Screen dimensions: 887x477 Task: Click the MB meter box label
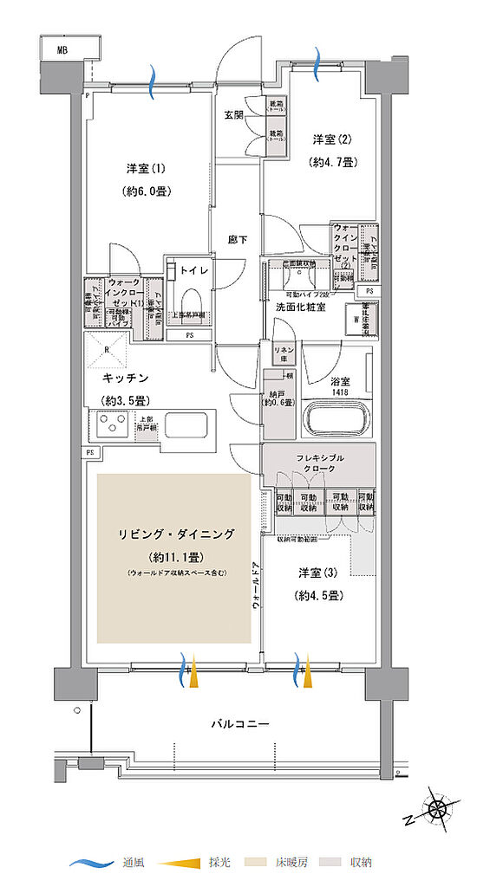(62, 50)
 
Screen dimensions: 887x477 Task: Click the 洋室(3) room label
(317, 572)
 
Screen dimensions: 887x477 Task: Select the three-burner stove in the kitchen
(114, 426)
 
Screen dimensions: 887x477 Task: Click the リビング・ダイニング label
(174, 534)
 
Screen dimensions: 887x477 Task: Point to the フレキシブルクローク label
(320, 462)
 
